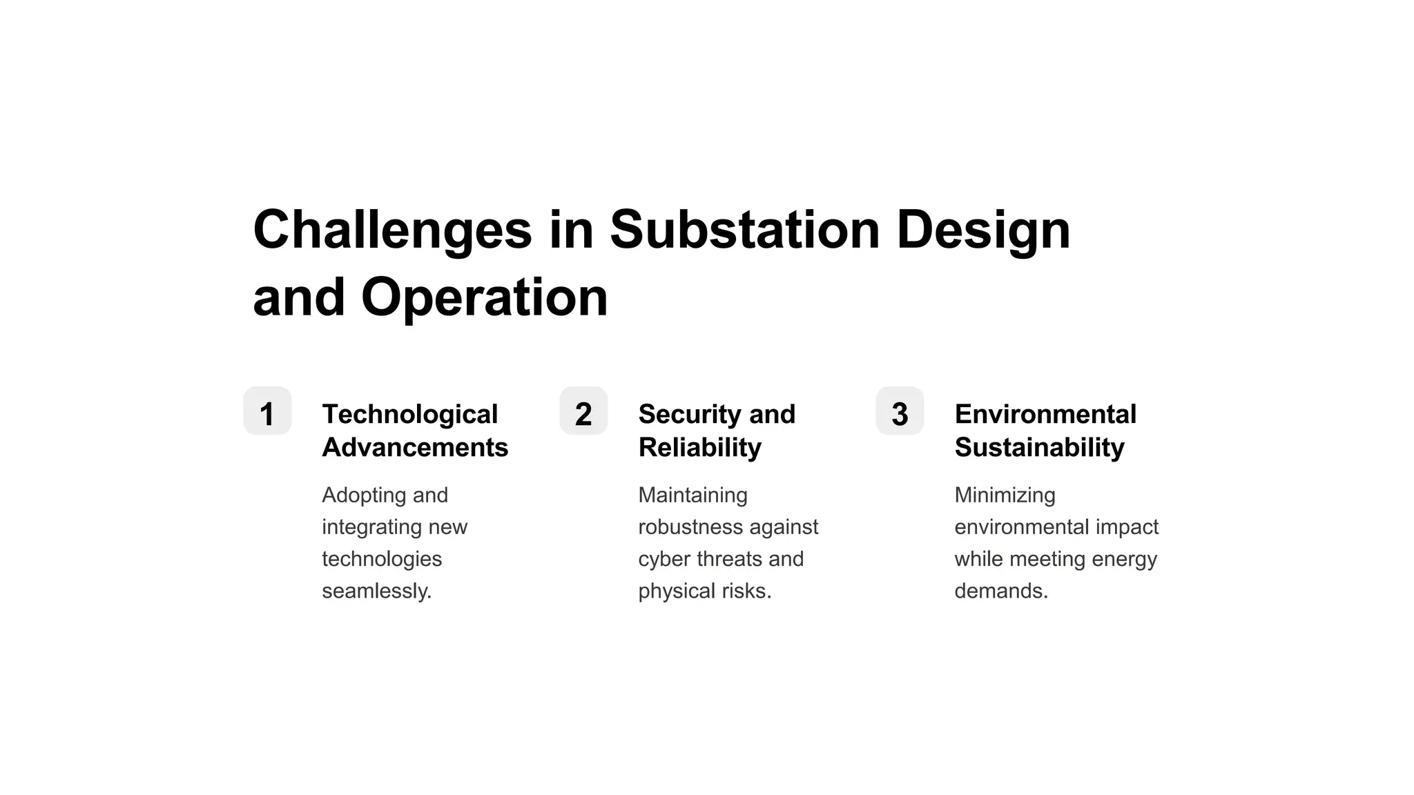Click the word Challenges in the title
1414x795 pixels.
(392, 230)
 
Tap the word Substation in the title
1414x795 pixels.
(744, 229)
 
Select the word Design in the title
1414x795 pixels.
(983, 230)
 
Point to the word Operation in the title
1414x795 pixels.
(484, 297)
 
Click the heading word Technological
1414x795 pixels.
(409, 414)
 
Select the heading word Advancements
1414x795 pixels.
(415, 447)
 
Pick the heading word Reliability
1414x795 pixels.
(699, 447)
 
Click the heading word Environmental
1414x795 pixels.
(1045, 414)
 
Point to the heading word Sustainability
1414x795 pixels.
(1039, 447)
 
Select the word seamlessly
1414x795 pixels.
(376, 591)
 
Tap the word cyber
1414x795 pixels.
(664, 559)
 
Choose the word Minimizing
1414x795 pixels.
(1005, 495)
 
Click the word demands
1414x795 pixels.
(1000, 591)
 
